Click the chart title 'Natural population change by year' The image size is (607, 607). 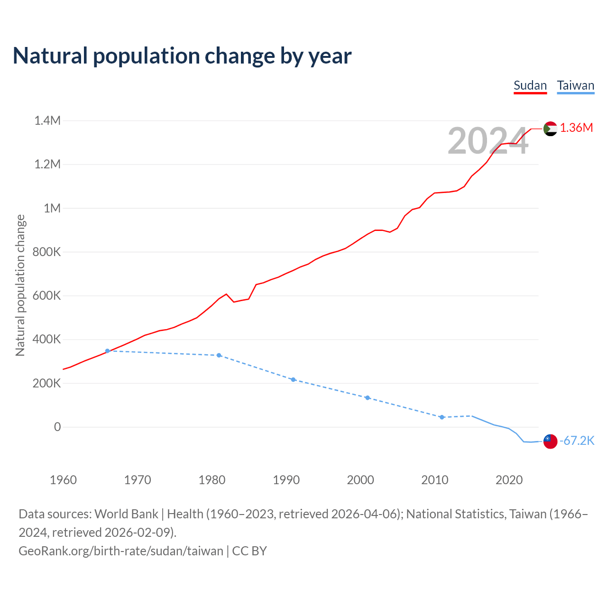click(x=182, y=56)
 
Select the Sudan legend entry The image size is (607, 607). click(x=530, y=86)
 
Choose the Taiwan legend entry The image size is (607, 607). click(x=575, y=86)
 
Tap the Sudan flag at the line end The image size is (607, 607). click(x=550, y=129)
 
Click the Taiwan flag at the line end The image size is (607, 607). click(x=550, y=441)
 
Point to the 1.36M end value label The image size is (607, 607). click(x=576, y=128)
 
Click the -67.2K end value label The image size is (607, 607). click(x=577, y=441)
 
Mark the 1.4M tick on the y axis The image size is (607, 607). click(x=47, y=121)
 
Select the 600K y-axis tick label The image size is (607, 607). click(x=46, y=296)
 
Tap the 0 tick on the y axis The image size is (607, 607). click(x=57, y=427)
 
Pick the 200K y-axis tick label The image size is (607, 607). click(x=46, y=383)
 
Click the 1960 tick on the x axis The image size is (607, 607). click(x=63, y=480)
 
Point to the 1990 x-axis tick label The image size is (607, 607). click(x=286, y=480)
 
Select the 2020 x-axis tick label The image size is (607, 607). click(x=509, y=480)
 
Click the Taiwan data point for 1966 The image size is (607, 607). click(x=108, y=351)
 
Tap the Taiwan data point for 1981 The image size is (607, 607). click(x=219, y=355)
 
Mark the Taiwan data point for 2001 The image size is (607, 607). click(x=368, y=397)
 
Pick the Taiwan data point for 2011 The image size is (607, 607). click(x=442, y=417)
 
